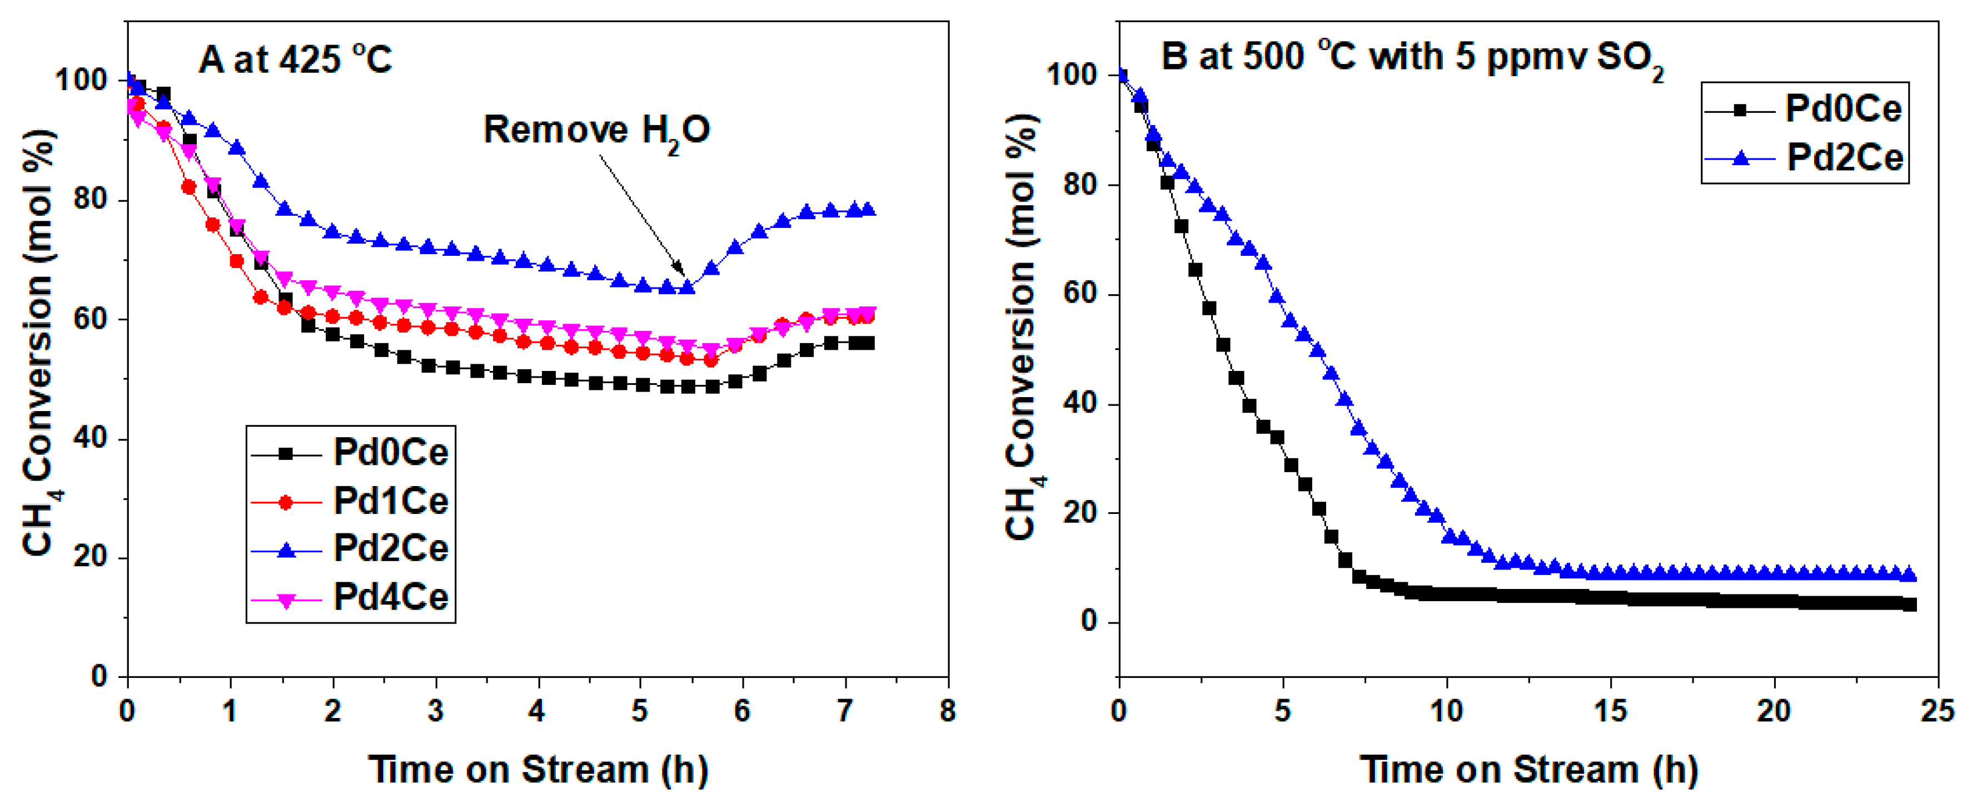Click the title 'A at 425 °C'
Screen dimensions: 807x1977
[296, 59]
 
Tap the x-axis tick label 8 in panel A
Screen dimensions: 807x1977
[947, 711]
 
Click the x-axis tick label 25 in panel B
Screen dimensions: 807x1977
[1937, 711]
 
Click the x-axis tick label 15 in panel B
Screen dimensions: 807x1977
[1610, 711]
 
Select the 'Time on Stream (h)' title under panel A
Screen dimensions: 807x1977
[537, 769]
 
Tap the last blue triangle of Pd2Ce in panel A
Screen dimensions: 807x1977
[868, 210]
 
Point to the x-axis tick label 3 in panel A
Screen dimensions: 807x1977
[435, 711]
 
